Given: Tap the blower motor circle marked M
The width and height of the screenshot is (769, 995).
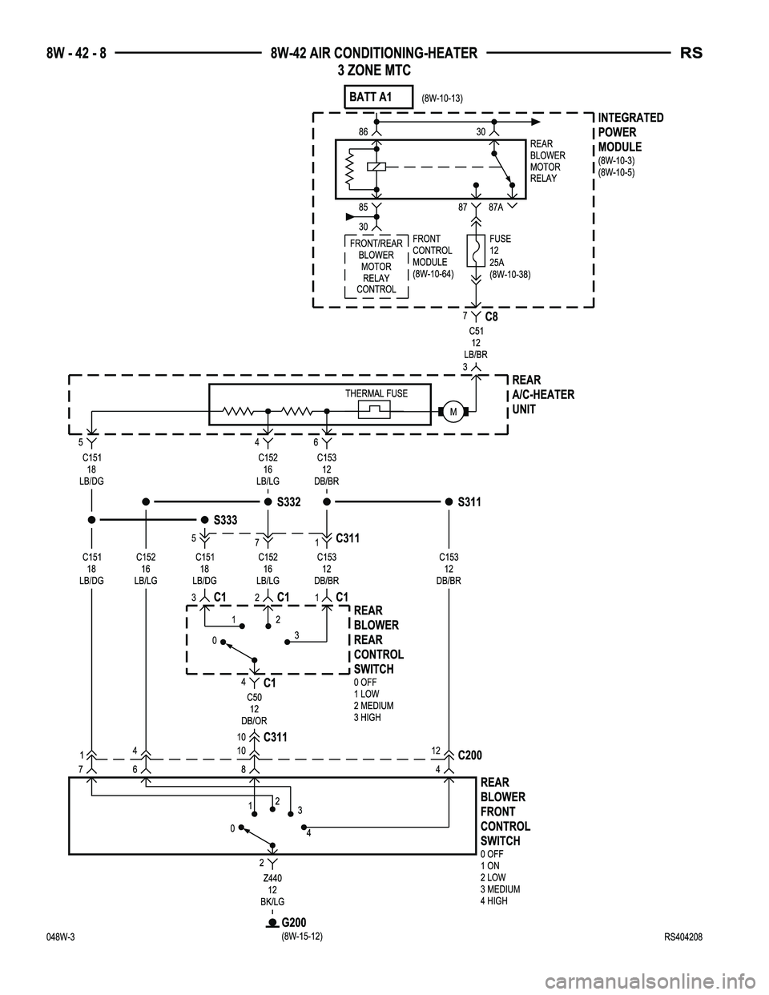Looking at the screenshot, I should click(453, 412).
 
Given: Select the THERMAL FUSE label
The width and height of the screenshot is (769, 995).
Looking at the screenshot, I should click(376, 393).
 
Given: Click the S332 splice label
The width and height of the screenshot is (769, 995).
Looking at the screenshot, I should click(288, 502).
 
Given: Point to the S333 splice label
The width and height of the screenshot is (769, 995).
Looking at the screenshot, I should click(225, 520).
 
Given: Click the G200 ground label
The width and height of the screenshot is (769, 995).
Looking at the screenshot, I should click(293, 922).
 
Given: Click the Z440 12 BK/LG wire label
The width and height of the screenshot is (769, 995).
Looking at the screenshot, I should click(272, 890).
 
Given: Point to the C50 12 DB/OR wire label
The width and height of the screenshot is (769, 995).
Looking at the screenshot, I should click(254, 709).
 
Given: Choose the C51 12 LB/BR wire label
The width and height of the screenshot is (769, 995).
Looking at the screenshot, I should click(475, 342).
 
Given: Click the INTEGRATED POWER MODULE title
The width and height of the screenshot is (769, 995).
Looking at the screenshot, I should click(630, 132).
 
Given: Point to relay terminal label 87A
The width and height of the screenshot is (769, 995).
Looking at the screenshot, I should click(497, 207).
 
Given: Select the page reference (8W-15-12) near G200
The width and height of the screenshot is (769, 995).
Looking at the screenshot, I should click(302, 937).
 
